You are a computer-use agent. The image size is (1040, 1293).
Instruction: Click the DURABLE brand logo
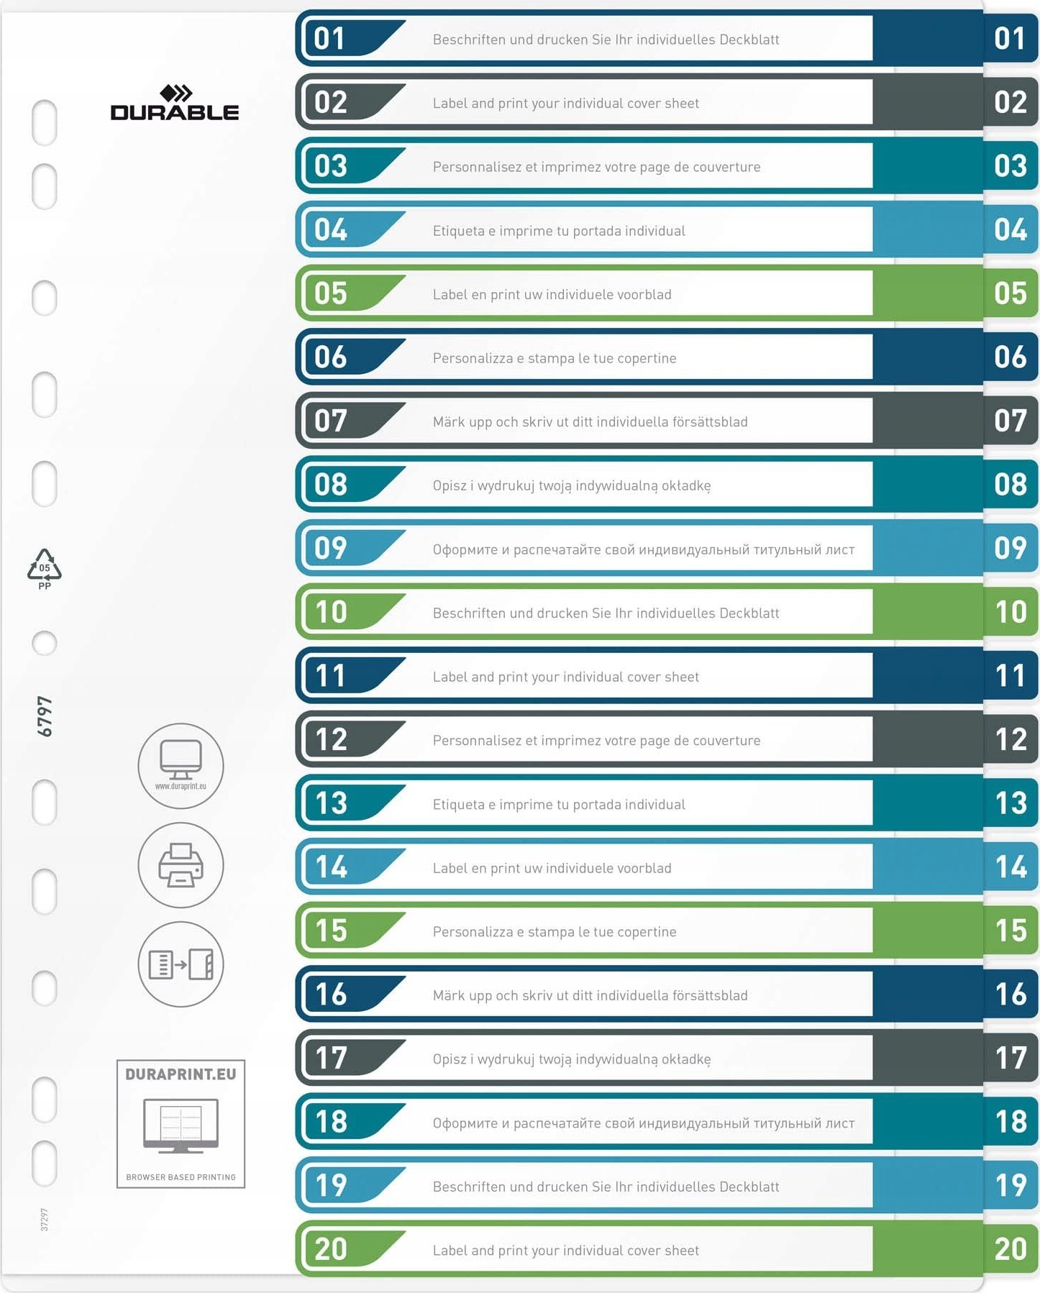click(x=175, y=104)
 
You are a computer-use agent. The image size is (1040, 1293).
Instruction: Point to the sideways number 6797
click(x=45, y=716)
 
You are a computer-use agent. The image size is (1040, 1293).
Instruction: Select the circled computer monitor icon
click(x=181, y=765)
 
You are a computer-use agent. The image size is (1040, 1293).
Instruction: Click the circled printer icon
click(x=181, y=864)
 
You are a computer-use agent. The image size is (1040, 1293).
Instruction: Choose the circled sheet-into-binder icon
click(x=181, y=964)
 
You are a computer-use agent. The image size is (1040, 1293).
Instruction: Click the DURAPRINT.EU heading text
click(x=181, y=1074)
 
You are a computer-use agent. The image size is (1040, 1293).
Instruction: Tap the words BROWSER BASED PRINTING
click(x=181, y=1177)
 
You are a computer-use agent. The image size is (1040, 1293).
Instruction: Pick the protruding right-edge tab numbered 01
click(x=1010, y=39)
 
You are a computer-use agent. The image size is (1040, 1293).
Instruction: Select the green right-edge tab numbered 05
click(x=1010, y=293)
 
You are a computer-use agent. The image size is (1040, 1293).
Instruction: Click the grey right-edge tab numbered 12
click(x=1010, y=739)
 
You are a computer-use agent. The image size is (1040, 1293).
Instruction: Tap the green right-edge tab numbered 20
click(x=1010, y=1249)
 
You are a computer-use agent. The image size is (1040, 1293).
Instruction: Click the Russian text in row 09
click(x=643, y=549)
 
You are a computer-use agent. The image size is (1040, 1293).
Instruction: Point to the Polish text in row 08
click(x=571, y=486)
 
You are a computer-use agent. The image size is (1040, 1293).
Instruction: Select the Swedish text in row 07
click(x=590, y=422)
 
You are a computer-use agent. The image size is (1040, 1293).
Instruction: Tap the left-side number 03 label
click(x=331, y=166)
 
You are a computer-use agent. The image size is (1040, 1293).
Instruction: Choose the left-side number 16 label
click(x=331, y=995)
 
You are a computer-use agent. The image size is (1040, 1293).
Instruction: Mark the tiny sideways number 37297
click(x=45, y=1220)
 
